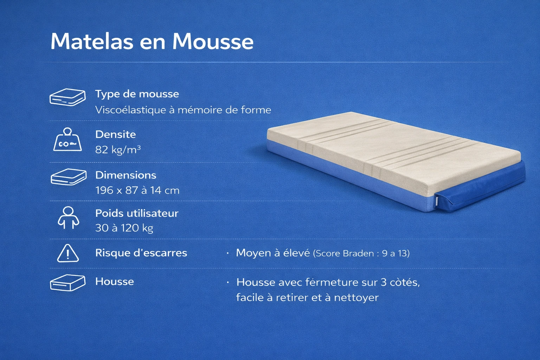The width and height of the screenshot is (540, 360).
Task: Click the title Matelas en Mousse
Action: [x=152, y=41]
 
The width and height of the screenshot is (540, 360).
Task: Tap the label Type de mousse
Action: [x=137, y=94]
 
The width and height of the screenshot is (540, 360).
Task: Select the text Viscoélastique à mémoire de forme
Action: [x=183, y=110]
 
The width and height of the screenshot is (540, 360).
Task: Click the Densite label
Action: [x=115, y=134]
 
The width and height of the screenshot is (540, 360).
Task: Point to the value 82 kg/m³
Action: [x=118, y=150]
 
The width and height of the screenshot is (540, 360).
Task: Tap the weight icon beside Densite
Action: [x=67, y=140]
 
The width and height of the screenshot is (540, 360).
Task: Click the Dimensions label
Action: [x=126, y=175]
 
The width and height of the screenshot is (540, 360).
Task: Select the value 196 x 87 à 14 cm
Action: [x=137, y=191]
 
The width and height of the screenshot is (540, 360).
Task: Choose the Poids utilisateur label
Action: [x=137, y=213]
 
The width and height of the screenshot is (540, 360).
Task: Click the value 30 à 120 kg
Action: [x=124, y=228]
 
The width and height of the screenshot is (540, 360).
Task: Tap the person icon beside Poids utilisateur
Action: [x=68, y=217]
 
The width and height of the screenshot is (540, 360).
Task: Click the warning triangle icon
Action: [x=68, y=253]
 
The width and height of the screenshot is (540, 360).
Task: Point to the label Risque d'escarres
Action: [x=141, y=253]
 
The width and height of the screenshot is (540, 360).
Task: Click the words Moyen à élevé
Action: [x=273, y=253]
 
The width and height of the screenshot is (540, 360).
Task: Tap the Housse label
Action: [x=114, y=282]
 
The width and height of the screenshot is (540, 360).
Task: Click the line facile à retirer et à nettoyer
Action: [x=307, y=298]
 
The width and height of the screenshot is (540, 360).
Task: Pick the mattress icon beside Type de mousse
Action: [x=67, y=97]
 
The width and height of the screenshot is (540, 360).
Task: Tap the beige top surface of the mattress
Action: [x=387, y=151]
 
